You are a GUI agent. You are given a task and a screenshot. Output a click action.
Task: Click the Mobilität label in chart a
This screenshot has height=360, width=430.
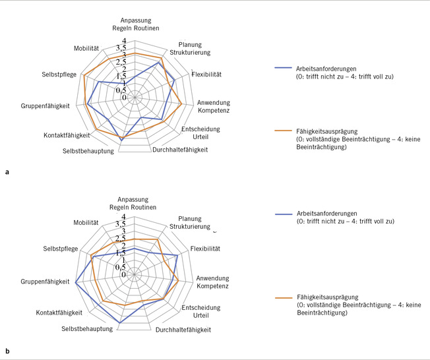point(86,49)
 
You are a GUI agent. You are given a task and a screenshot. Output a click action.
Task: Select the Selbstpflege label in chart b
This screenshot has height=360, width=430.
point(61,249)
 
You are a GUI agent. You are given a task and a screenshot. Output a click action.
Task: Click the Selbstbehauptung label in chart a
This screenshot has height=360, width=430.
point(88,151)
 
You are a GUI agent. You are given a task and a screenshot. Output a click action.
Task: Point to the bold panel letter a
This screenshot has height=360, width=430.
point(7,173)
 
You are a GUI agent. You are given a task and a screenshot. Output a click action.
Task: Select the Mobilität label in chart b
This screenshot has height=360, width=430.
point(86,222)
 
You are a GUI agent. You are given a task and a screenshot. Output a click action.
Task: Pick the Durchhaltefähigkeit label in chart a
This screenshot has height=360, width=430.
point(180,150)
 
